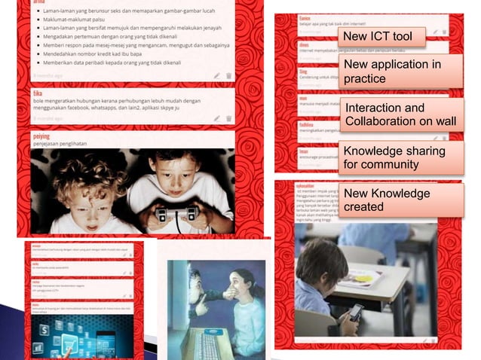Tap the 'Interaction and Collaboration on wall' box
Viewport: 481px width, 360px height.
(400, 115)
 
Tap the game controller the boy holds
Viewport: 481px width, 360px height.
(175, 214)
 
